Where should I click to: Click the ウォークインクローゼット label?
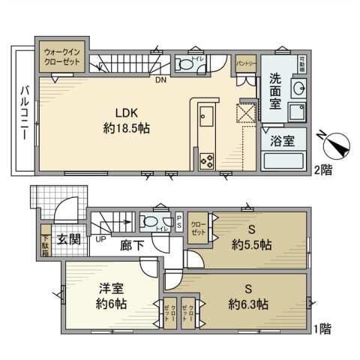click(63, 57)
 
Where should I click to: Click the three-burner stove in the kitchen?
click(206, 160)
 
